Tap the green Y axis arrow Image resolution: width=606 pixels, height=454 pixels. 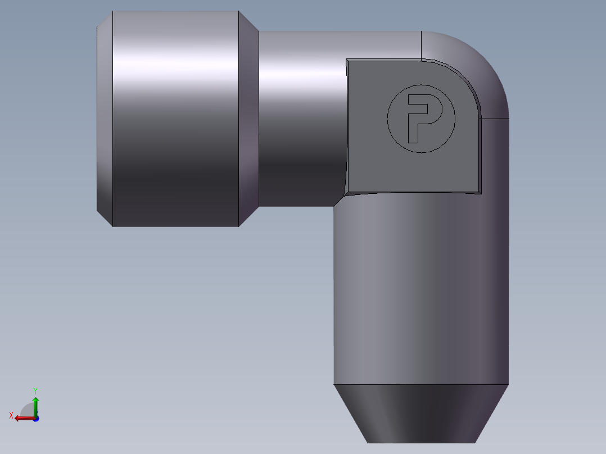[x=35, y=406]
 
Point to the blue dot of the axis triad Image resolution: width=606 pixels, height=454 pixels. [x=36, y=419]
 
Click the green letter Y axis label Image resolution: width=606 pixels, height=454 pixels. [x=35, y=391]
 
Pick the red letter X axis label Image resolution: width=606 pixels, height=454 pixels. [x=11, y=416]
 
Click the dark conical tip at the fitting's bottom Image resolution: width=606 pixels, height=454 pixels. [x=421, y=414]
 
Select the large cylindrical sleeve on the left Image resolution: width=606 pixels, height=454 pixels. [x=175, y=119]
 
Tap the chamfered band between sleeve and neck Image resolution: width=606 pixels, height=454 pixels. [x=249, y=119]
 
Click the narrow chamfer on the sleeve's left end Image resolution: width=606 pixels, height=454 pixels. [x=105, y=119]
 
